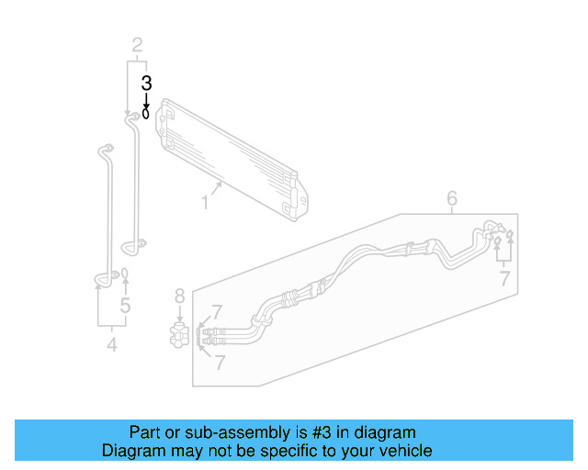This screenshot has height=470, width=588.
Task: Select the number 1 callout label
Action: tap(205, 201)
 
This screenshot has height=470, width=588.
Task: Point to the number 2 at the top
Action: tap(137, 44)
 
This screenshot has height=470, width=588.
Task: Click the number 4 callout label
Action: tap(112, 345)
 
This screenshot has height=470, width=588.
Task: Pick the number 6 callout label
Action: tap(452, 198)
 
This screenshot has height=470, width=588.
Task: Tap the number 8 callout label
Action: tap(179, 296)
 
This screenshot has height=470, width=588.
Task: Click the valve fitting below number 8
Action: tap(179, 333)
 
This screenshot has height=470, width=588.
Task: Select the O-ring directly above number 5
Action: tap(125, 274)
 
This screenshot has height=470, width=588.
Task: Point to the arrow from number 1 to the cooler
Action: tap(218, 188)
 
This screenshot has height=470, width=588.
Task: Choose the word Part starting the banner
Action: tap(146, 432)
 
